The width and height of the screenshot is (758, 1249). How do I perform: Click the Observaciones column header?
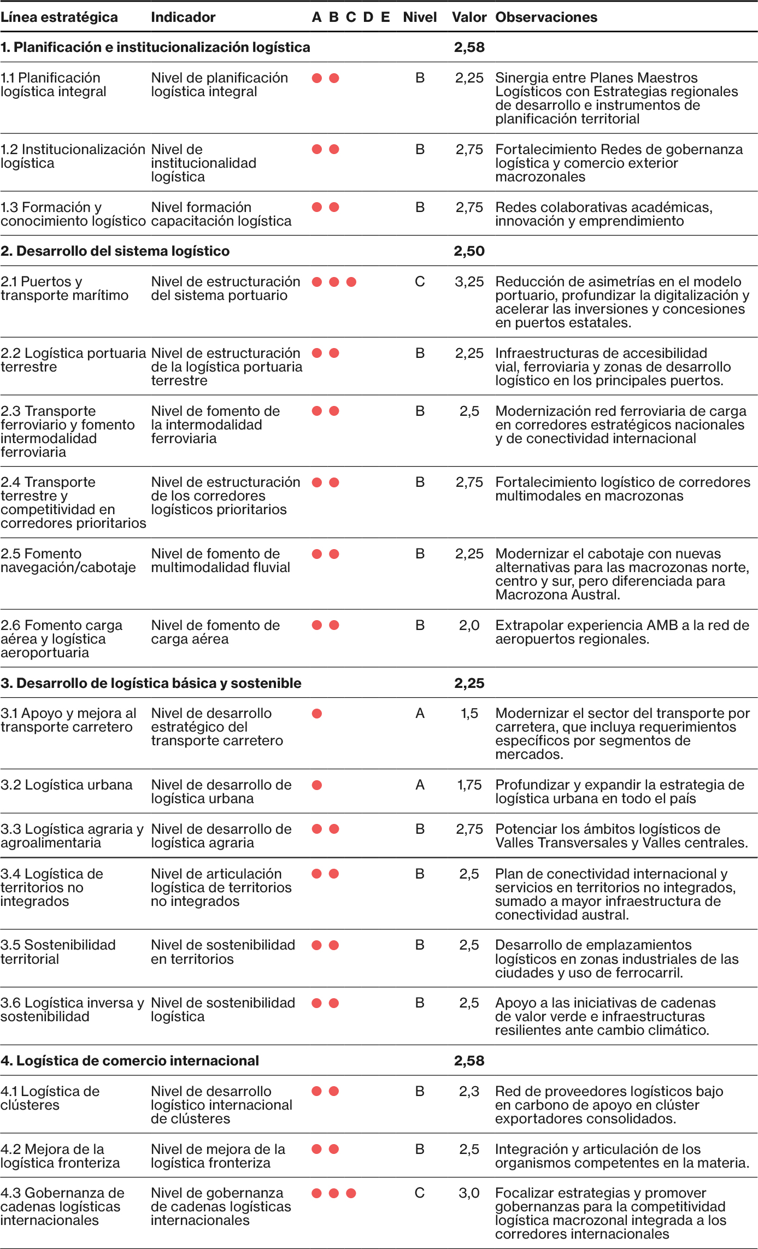[x=546, y=17]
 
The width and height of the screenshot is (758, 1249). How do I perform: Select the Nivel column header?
[x=420, y=17]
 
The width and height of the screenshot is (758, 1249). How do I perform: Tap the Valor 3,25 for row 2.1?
[x=469, y=282]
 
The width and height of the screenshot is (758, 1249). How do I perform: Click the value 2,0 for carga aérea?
[x=469, y=626]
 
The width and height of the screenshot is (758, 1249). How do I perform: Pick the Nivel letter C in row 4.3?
[x=420, y=1193]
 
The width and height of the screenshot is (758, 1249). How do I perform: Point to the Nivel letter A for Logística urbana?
[x=420, y=785]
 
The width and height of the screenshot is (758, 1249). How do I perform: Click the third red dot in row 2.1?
[x=351, y=282]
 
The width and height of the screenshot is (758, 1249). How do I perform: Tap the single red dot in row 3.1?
[x=317, y=714]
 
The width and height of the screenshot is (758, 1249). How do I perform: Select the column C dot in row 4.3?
[x=351, y=1193]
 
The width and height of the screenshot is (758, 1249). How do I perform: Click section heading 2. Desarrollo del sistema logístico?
[x=115, y=251]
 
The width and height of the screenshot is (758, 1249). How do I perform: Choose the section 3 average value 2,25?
[x=469, y=684]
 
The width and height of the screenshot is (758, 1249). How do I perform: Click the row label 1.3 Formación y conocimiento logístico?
[x=73, y=214]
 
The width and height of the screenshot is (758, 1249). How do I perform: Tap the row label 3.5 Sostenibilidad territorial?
[x=58, y=952]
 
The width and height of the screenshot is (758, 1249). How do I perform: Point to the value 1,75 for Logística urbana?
[x=469, y=785]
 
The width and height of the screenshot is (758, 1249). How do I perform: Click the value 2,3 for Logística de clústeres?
[x=469, y=1092]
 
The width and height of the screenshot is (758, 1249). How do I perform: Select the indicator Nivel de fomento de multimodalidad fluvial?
[x=220, y=561]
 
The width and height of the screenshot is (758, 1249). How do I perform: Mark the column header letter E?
[x=385, y=17]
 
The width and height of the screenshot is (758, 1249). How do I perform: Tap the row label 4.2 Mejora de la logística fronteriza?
[x=60, y=1156]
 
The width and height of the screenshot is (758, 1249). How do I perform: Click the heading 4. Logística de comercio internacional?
[x=130, y=1061]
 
